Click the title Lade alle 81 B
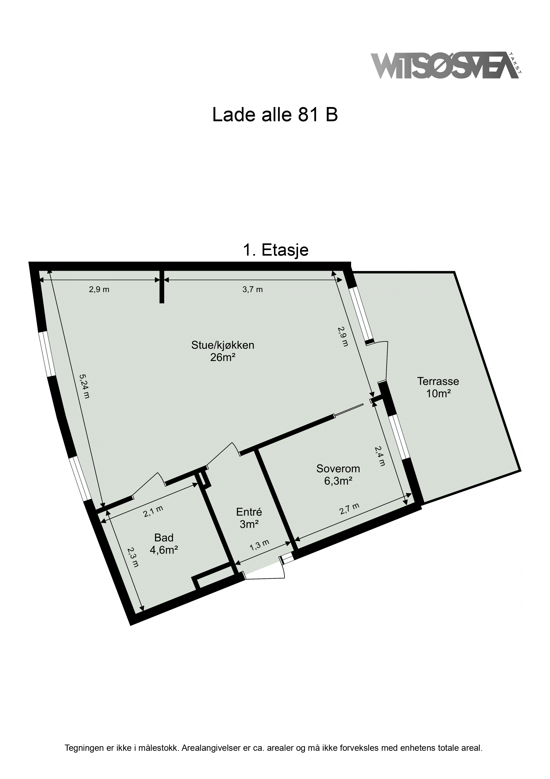(275, 115)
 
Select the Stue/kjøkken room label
(223, 345)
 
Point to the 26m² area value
(223, 357)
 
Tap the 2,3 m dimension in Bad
(133, 557)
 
